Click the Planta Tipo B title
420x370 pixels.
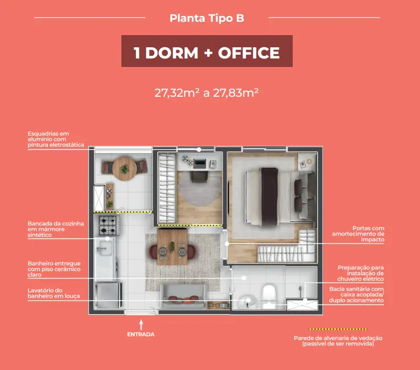[207, 18]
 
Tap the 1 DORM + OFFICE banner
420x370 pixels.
[207, 51]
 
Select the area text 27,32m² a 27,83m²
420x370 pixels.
[207, 93]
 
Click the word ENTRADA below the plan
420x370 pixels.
[141, 334]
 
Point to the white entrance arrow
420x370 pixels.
[141, 325]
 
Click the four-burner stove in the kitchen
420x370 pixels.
[108, 225]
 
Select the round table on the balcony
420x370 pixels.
[124, 169]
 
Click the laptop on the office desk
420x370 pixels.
[200, 163]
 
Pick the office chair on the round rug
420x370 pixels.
[199, 177]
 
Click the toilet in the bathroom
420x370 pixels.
[269, 297]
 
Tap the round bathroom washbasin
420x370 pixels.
[247, 302]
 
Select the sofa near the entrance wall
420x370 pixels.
[184, 297]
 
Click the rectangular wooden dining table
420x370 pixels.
[172, 246]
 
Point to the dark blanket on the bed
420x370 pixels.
[269, 196]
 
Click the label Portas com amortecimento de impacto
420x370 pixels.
[358, 234]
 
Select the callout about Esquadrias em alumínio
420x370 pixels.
[56, 139]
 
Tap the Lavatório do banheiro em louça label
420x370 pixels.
[54, 293]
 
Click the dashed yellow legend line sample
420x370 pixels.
[338, 329]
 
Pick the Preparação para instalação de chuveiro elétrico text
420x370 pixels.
[360, 273]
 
